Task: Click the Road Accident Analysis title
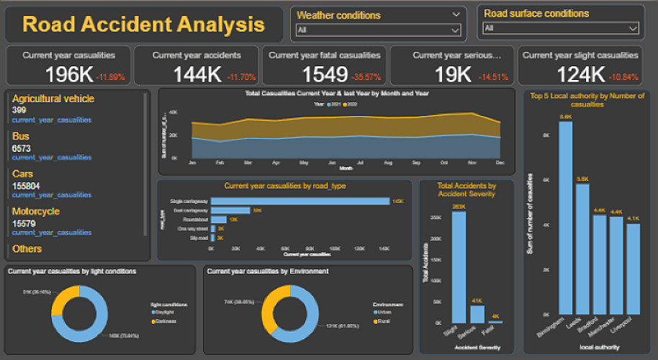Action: coord(143,24)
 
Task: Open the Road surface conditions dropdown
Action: coord(561,28)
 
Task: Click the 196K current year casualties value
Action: coord(69,73)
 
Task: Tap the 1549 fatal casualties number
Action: coord(324,73)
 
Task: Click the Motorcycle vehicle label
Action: coord(36,212)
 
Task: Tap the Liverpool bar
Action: coord(633,274)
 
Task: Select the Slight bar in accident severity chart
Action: coord(459,266)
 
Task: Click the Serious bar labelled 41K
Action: coord(477,314)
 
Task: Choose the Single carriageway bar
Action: coord(299,201)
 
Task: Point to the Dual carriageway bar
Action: coord(230,210)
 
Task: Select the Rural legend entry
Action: coord(382,310)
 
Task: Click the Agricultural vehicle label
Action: coord(53,99)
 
